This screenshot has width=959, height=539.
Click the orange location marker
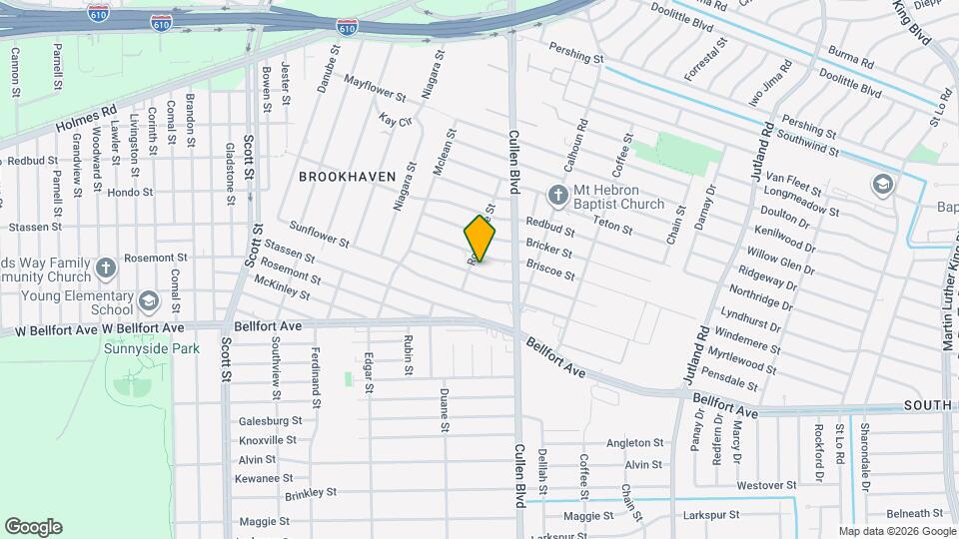point(479,239)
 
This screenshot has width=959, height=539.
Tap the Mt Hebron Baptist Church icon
point(557,194)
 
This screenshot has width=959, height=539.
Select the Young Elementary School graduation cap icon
point(149,300)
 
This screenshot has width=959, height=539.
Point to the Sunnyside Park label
point(152,348)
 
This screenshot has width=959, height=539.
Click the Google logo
point(33,527)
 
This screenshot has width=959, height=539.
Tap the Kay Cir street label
point(396,120)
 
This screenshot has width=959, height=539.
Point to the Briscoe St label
point(550,269)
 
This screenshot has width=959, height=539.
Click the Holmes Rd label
point(87,121)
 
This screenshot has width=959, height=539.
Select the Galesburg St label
point(270,421)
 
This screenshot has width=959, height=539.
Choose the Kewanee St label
point(263,478)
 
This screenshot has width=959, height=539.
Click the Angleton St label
point(635,443)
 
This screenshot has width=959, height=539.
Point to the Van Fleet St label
point(795,183)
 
